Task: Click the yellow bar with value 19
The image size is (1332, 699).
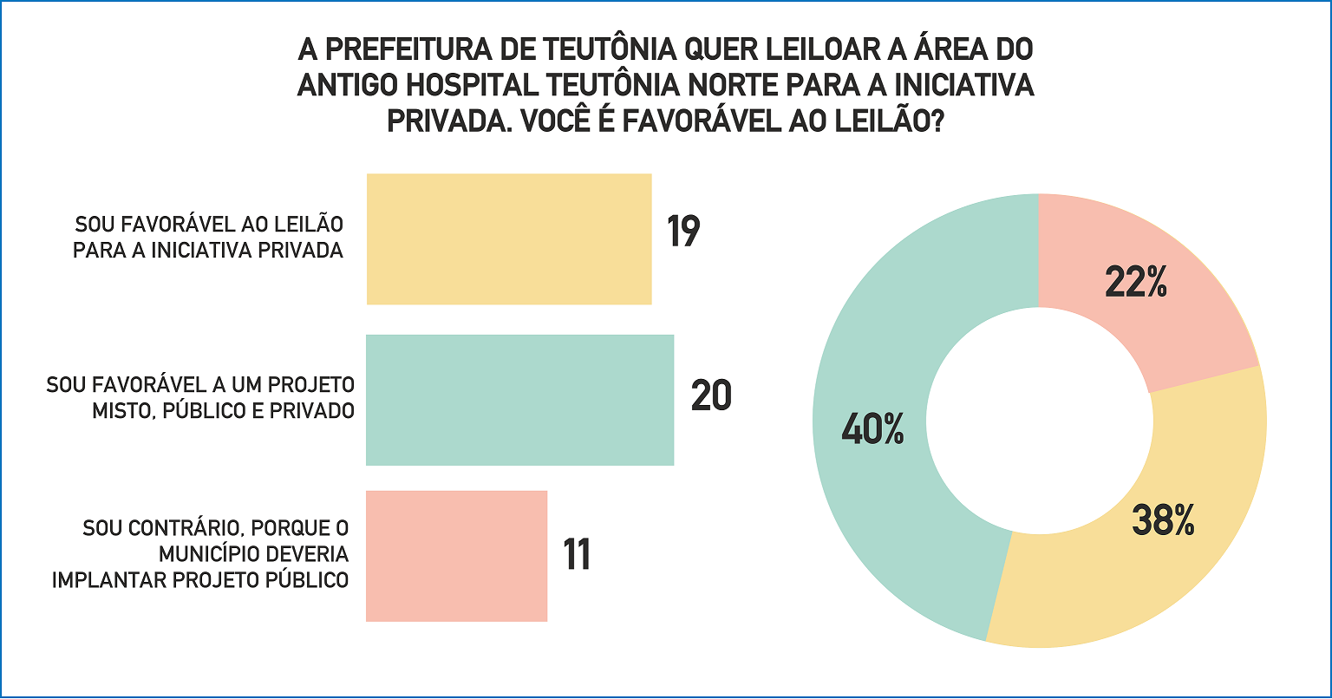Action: point(509,239)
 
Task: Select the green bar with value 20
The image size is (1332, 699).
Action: point(519,400)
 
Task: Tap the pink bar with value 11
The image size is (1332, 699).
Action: point(456,556)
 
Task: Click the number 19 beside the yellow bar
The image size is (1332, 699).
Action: point(683,232)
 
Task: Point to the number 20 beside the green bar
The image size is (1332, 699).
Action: point(711,396)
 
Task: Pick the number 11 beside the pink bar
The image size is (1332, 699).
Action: point(577,555)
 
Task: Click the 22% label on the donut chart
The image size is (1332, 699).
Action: point(1136,284)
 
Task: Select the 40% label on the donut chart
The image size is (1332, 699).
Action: point(872,429)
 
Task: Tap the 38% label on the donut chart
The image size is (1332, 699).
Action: point(1164,520)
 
